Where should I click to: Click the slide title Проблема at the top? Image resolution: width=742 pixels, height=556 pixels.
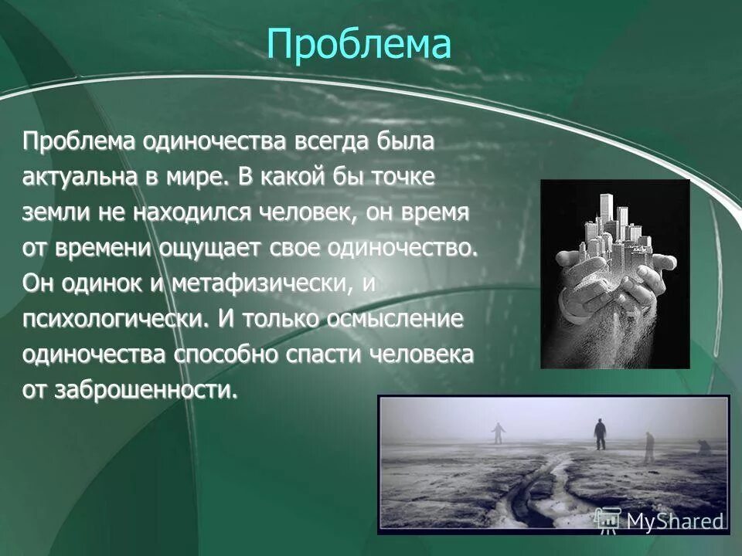359,44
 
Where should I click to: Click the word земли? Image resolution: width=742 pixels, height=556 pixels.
49,212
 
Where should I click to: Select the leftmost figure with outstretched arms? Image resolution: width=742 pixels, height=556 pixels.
498,432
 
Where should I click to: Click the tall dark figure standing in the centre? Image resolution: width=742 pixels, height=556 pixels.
600,433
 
